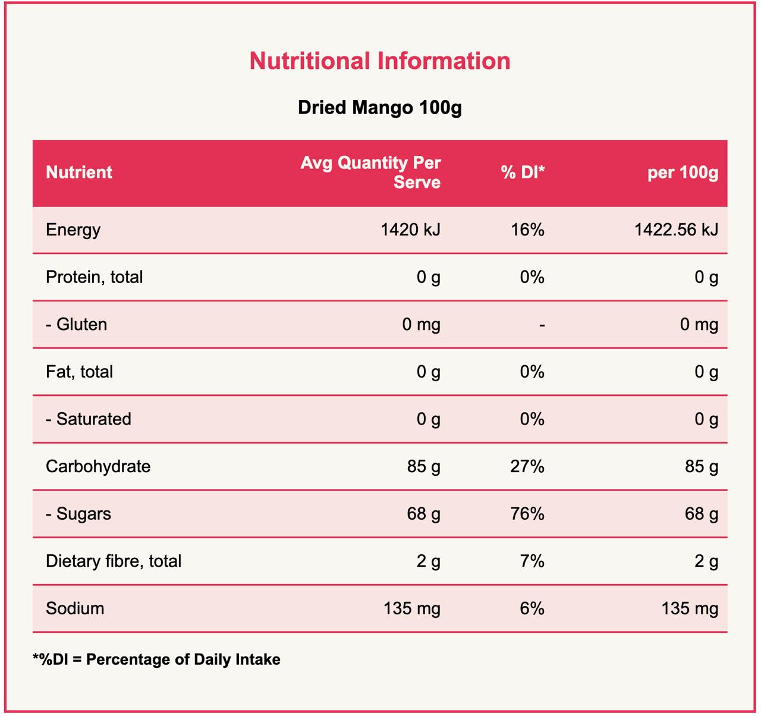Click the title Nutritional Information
coord(379,61)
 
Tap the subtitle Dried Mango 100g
coord(379,108)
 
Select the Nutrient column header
coord(79,172)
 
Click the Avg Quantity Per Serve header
coord(370,172)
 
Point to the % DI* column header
coord(523,172)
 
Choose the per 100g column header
coord(683,172)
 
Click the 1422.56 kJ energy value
coord(676,230)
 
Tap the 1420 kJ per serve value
coord(410,230)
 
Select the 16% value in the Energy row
coord(527,230)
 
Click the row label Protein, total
coord(95,277)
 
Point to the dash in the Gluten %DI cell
coord(542,325)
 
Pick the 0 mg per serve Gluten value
coord(421,325)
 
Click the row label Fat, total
coord(79,372)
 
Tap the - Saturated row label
coord(89,419)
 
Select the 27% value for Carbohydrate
coord(527,466)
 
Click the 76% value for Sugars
coord(527,514)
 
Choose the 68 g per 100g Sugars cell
coord(702,514)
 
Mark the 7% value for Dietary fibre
coord(532,561)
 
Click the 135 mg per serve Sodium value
coord(411,608)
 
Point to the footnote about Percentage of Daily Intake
coord(156,660)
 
